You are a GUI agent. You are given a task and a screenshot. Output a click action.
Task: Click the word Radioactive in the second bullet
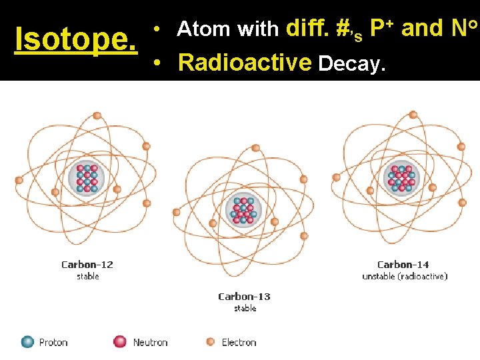point(245,63)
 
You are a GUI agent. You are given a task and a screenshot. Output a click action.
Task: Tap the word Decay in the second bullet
point(351,63)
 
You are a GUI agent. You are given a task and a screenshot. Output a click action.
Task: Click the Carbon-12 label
point(87,265)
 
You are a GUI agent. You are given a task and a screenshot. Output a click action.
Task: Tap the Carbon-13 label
point(245,297)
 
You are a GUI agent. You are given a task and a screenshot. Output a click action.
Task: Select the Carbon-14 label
point(404,265)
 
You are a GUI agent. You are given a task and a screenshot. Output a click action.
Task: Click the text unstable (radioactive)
point(405,276)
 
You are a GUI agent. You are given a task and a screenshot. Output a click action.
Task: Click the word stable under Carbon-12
point(87,276)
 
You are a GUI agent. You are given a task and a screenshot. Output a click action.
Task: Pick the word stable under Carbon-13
point(245,308)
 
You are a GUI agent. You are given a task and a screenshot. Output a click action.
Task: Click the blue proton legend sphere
point(28,342)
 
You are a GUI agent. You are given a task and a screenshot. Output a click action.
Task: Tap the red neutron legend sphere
point(120,342)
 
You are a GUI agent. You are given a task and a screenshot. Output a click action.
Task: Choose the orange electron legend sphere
point(210,342)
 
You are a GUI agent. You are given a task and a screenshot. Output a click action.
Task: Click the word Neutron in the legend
point(150,342)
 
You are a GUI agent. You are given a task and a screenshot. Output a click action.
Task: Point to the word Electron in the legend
point(239,342)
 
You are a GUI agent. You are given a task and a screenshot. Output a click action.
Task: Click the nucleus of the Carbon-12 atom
point(87,179)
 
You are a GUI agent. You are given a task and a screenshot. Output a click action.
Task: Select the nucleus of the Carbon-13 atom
point(243,210)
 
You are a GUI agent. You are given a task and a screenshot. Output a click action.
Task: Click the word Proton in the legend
point(53,342)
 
